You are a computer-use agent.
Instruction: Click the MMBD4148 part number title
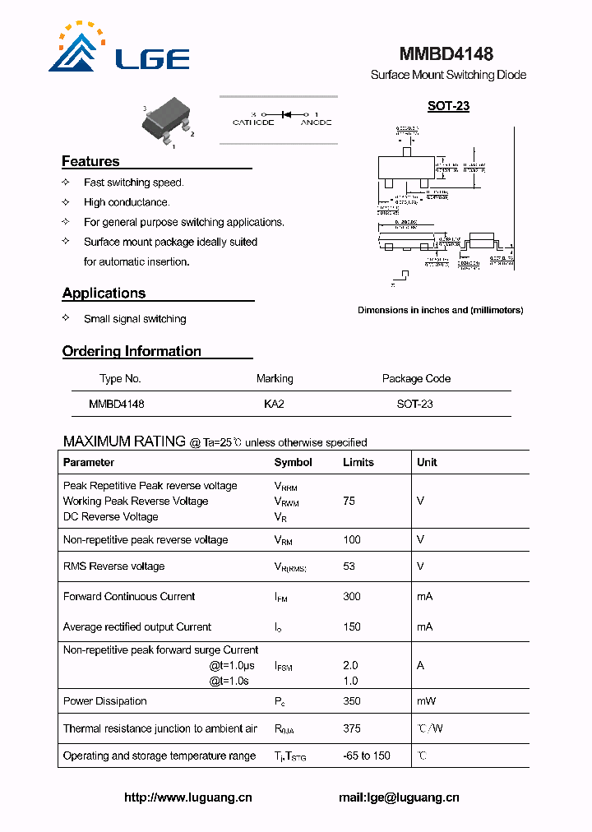click(446, 54)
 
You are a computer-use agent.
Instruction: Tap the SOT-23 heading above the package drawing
click(448, 106)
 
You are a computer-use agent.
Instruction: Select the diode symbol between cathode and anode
click(288, 114)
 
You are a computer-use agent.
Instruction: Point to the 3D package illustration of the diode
click(167, 124)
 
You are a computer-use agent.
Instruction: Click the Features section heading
click(90, 161)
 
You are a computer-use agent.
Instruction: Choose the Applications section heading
click(104, 294)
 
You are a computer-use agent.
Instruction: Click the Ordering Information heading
click(132, 351)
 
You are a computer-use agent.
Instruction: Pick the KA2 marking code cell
click(274, 404)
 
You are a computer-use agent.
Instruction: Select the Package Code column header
click(416, 379)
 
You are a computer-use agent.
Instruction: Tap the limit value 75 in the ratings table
click(349, 501)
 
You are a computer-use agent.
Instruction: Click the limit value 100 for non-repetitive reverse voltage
click(352, 540)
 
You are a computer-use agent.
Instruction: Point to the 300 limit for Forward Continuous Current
click(352, 597)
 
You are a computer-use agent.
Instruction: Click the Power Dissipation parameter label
click(105, 701)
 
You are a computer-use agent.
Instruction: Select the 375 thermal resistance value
click(352, 728)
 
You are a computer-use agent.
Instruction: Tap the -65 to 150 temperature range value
click(367, 756)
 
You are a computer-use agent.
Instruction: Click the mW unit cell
click(426, 701)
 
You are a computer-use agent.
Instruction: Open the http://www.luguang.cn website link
click(188, 797)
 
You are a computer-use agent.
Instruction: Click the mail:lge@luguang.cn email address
click(399, 797)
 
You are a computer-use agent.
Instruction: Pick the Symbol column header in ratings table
click(293, 462)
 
